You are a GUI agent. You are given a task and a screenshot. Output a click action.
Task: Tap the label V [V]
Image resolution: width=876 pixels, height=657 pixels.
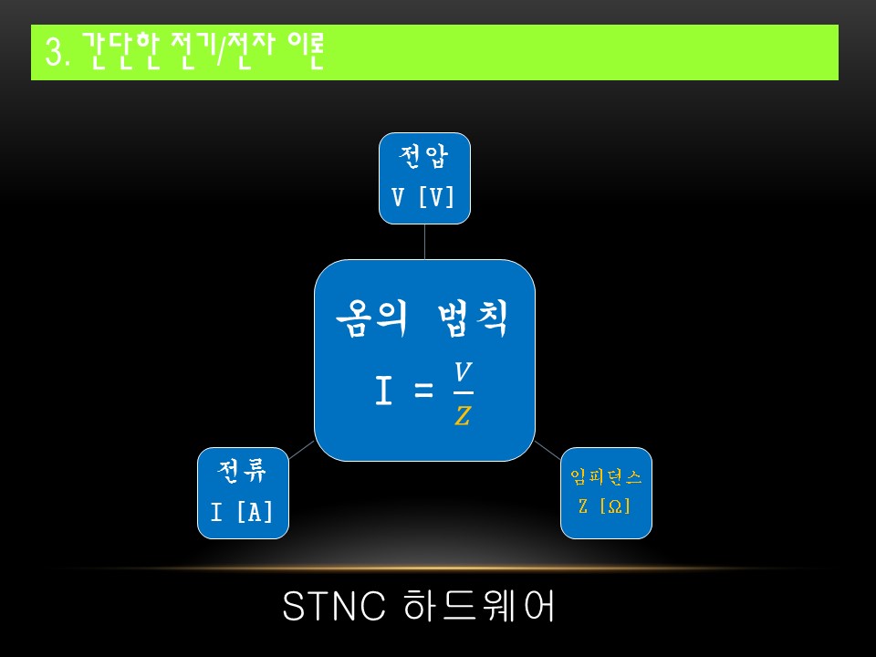coord(424,197)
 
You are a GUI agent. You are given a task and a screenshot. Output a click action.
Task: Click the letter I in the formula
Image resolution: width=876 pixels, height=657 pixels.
coord(384,392)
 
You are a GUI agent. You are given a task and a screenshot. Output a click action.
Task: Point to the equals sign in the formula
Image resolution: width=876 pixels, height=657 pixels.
coord(422,393)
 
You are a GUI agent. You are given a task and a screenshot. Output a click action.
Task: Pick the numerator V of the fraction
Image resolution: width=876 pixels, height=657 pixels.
coord(464,372)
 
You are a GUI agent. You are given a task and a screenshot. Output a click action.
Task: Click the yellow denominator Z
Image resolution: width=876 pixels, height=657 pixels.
coord(464,416)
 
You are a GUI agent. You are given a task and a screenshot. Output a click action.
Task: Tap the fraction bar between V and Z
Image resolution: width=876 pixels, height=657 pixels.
coord(464,393)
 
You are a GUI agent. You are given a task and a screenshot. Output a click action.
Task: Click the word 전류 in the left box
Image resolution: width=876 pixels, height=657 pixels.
coord(242,473)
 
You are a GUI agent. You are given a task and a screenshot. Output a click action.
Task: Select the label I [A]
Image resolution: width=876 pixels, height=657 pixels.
coord(242,512)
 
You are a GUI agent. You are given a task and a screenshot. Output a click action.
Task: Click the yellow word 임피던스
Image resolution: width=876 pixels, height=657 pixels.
coord(606,476)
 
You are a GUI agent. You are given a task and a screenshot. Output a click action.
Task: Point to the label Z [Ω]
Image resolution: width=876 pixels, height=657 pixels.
coord(606,506)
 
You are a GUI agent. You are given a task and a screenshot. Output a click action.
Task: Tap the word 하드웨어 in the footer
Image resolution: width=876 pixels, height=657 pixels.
coord(478,608)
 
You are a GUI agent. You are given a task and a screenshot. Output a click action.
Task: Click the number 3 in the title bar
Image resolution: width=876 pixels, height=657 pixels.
coord(53,54)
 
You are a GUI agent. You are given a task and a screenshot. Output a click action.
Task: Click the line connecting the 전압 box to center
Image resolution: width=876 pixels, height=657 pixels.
coord(424,242)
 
